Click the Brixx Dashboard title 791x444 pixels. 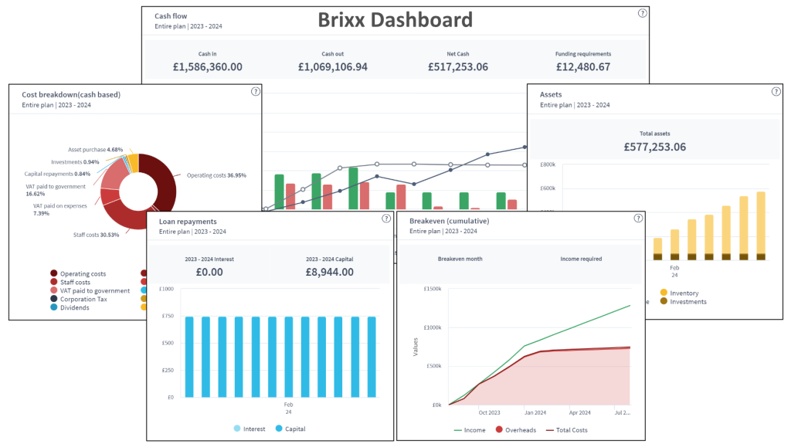pyautogui.click(x=395, y=20)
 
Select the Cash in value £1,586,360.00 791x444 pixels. pyautogui.click(x=208, y=67)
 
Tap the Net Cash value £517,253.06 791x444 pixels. pyautogui.click(x=458, y=67)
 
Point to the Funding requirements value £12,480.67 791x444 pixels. pyautogui.click(x=583, y=67)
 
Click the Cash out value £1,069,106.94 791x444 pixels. pyautogui.click(x=333, y=67)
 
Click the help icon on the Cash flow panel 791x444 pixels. pyautogui.click(x=642, y=13)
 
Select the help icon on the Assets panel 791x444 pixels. pyautogui.click(x=776, y=91)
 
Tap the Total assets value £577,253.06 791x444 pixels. pyautogui.click(x=655, y=147)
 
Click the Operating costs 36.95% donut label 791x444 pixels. pyautogui.click(x=216, y=175)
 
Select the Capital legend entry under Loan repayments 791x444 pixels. pyautogui.click(x=293, y=429)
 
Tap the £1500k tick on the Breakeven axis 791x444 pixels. pyautogui.click(x=429, y=289)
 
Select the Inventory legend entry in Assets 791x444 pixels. pyautogui.click(x=684, y=293)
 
